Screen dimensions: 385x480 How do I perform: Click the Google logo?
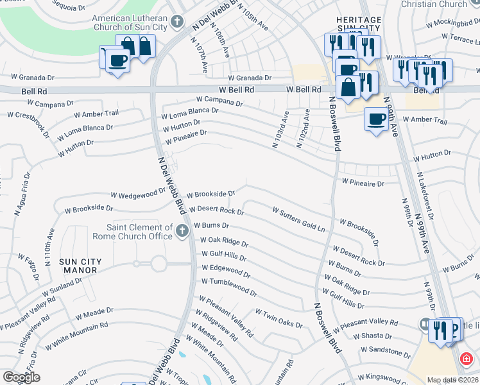[x=21, y=377]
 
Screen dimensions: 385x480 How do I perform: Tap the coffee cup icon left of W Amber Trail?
[x=375, y=119]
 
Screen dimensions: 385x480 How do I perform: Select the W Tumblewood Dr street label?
[x=229, y=287]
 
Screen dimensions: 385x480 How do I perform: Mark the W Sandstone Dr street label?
[x=385, y=352]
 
